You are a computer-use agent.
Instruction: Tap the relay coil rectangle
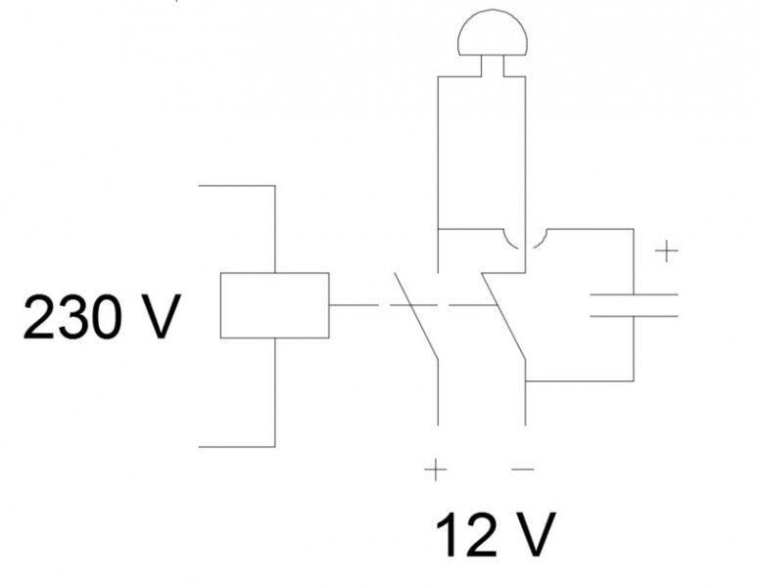[x=274, y=305]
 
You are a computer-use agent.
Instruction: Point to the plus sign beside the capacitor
[x=666, y=252]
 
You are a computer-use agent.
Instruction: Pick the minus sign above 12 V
[x=523, y=471]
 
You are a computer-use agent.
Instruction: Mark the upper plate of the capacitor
[x=634, y=293]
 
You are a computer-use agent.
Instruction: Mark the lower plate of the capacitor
[x=634, y=315]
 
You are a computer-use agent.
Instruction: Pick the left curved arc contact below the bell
[x=511, y=240]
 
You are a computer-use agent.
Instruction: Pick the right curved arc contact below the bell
[x=541, y=240]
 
